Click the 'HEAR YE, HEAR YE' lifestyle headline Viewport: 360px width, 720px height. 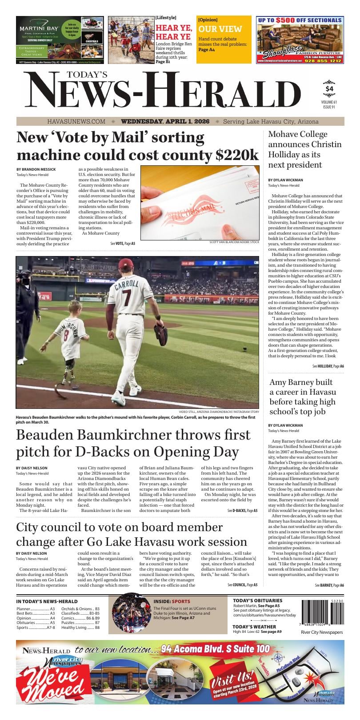pos(173,32)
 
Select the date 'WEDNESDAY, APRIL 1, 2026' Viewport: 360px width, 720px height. pos(165,121)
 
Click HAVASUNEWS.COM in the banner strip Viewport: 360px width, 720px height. pos(76,121)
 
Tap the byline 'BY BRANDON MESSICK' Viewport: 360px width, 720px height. pos(36,169)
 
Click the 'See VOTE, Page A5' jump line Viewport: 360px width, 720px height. pos(123,244)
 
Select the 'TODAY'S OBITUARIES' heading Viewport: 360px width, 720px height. pos(257,600)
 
